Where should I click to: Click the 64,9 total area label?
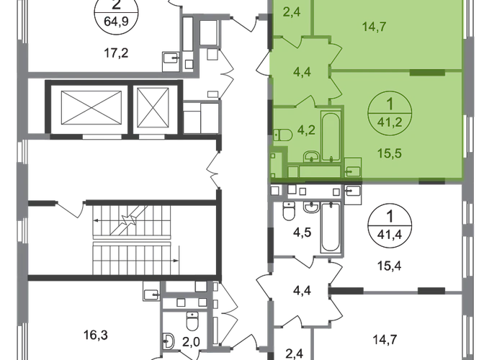coord(116,22)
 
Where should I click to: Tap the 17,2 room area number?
coord(116,54)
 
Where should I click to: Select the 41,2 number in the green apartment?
coord(389,122)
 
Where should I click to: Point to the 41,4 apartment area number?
coord(390,235)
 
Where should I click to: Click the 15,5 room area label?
coord(390,153)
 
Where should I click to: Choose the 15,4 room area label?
coord(390,266)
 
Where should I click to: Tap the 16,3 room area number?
coord(96,335)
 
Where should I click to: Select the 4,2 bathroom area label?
coord(306,130)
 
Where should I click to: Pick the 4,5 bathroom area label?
coord(302,232)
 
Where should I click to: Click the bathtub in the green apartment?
coord(331,136)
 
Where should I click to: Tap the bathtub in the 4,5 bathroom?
coord(331,228)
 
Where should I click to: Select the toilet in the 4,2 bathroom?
coord(283,135)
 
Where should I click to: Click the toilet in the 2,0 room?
coord(192,321)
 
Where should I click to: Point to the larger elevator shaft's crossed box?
coord(91,108)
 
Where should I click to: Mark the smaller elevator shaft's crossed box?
coord(153,107)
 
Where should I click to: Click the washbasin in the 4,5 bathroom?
coord(312,207)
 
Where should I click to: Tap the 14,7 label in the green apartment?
coord(374,27)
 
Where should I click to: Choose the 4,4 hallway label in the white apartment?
coord(302,291)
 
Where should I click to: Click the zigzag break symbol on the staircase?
coord(130,220)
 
